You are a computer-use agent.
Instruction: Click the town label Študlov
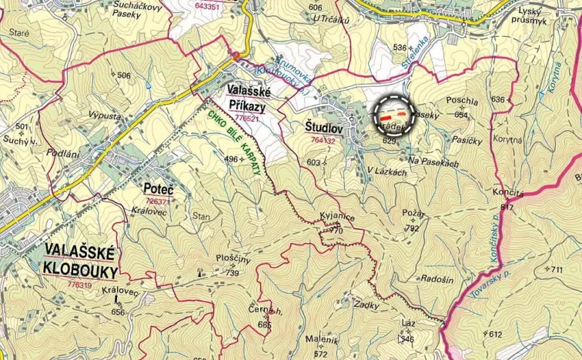[315, 128]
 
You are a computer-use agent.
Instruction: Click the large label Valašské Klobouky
[80, 261]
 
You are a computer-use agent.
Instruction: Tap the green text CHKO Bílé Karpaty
[236, 142]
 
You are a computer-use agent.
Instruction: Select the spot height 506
[124, 75]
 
